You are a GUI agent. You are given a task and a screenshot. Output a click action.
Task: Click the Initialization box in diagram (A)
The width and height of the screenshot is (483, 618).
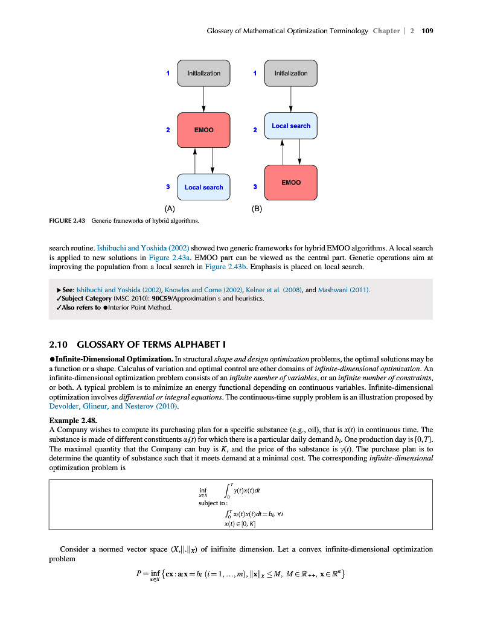(x=203, y=73)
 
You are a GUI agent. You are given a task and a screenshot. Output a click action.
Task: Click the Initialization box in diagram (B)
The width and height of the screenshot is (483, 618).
(x=291, y=73)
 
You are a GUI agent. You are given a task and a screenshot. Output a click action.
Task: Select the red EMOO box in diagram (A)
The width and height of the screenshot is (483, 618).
(x=203, y=130)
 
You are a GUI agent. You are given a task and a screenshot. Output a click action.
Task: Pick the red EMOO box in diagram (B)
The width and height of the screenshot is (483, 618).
(x=291, y=182)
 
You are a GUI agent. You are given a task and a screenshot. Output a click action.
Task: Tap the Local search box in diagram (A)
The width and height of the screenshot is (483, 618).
(x=203, y=187)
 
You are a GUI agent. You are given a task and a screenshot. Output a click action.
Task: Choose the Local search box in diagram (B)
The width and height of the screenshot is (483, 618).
(x=291, y=126)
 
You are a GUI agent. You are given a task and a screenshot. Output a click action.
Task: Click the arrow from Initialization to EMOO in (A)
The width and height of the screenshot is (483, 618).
(x=203, y=99)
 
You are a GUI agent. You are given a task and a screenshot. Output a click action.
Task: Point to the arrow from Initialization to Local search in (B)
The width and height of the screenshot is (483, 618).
(x=291, y=99)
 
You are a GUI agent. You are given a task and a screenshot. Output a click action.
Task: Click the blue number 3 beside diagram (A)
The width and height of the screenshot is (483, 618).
(x=167, y=186)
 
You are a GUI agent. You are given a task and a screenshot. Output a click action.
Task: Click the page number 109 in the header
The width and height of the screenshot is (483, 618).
(x=428, y=30)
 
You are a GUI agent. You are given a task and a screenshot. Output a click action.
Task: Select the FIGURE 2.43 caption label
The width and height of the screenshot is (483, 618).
(x=67, y=221)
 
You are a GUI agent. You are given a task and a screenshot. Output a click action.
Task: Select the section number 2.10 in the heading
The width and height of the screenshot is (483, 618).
(x=59, y=345)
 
